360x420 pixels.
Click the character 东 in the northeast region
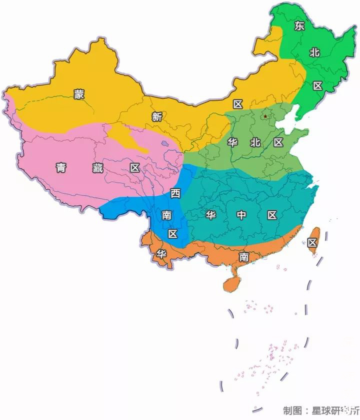299,26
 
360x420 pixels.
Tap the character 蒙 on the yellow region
79,94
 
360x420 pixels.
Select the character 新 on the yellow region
157,117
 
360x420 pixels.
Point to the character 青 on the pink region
61,168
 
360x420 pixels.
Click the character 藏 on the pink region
98,168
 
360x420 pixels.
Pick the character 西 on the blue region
175,193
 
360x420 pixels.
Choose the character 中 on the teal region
241,215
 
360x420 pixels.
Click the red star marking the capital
265,116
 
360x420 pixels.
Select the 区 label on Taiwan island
312,243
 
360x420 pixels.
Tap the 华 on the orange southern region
161,253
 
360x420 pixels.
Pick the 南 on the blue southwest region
166,215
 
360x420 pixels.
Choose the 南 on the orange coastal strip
243,257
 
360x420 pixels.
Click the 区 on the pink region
135,168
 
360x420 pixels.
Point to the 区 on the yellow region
237,104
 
